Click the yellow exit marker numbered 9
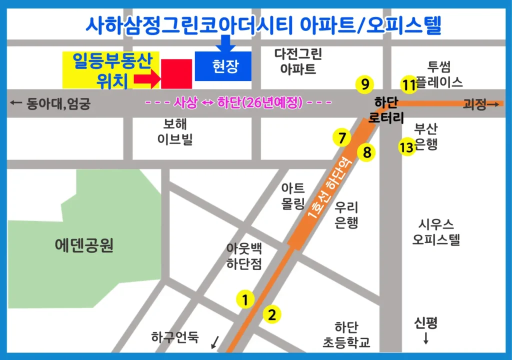(x=365, y=83)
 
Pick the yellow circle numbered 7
(x=342, y=137)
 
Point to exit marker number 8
(x=367, y=152)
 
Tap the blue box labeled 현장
(x=223, y=66)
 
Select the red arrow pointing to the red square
(x=147, y=78)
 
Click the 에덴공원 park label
(x=84, y=245)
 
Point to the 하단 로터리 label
(x=385, y=110)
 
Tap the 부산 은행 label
(x=426, y=137)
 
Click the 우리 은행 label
(x=346, y=214)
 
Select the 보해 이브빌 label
(x=174, y=131)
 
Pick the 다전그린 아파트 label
(x=298, y=61)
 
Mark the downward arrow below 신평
(x=426, y=338)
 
